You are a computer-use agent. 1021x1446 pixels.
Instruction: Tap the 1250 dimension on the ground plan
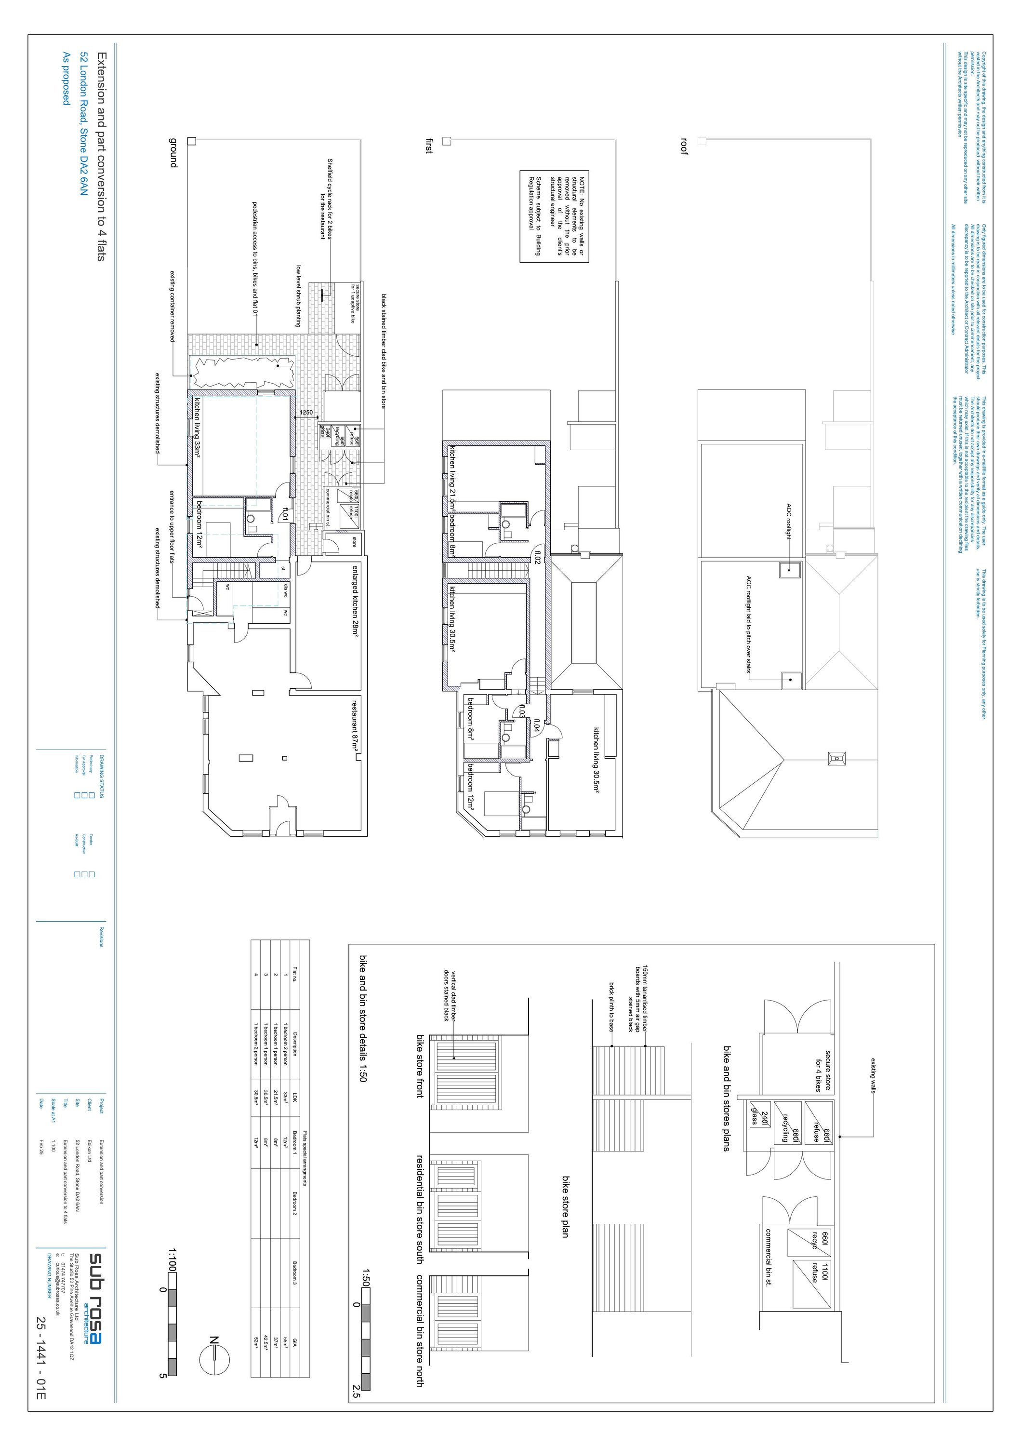(x=306, y=413)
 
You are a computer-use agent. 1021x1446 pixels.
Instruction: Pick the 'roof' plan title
(x=684, y=146)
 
